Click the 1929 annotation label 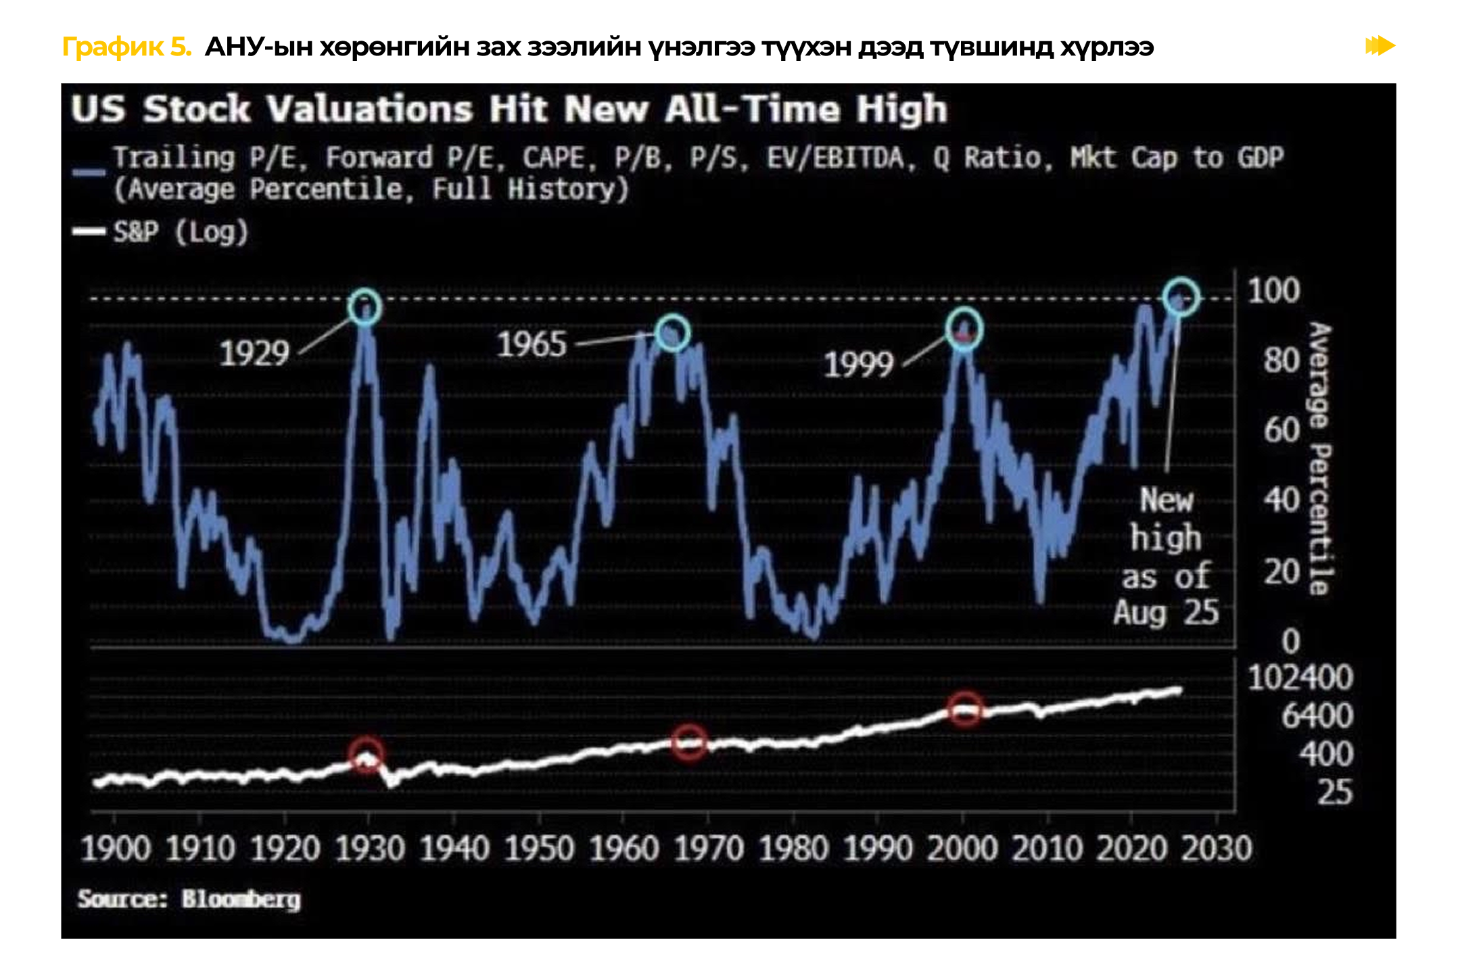[254, 353]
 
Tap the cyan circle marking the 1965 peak [672, 332]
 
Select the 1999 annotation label [858, 365]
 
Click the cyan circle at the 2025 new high [1181, 297]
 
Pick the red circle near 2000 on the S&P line [964, 709]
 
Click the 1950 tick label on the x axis [539, 849]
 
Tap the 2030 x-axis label [1217, 849]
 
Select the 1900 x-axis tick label [115, 849]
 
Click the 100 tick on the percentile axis [1273, 291]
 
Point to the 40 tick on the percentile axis [1282, 500]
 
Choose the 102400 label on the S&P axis [1300, 678]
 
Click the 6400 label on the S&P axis [1316, 716]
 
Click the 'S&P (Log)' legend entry [181, 232]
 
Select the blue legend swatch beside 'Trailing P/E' [89, 172]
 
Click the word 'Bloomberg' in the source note [241, 899]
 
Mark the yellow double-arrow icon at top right [1380, 46]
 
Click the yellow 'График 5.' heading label [126, 47]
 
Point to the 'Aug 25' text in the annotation [1166, 613]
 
